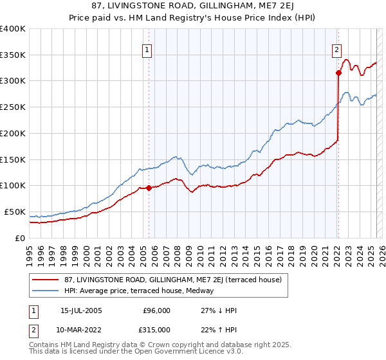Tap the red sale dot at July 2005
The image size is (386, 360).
point(149,188)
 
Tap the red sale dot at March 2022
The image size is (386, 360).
point(338,73)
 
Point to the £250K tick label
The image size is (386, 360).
point(13,107)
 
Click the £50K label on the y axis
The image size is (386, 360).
point(15,212)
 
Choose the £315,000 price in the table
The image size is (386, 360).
point(157,330)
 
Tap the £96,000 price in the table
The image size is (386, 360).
point(157,310)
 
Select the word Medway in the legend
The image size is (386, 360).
point(210,291)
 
